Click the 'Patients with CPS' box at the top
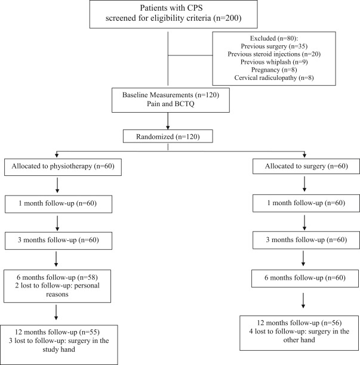coord(173,14)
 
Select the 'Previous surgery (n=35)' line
coord(274,47)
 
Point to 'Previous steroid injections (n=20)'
coord(274,54)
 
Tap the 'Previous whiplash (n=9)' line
coord(274,62)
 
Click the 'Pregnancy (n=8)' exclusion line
coord(274,70)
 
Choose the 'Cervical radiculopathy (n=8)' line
coord(274,78)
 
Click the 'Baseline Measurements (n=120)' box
coord(171,100)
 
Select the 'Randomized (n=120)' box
coord(168,136)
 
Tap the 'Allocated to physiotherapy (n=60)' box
coord(63,167)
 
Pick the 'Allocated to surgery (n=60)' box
coord(306,166)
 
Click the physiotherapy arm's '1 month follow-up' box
coord(59,204)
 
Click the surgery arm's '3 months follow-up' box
coord(306,240)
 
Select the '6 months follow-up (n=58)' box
coord(57,286)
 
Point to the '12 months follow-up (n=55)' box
coord(59,345)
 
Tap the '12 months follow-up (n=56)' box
coord(299,333)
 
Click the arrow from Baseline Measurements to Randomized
coord(168,121)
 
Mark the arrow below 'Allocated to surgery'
coord(304,184)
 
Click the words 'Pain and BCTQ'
coord(171,104)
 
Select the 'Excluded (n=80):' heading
coord(274,38)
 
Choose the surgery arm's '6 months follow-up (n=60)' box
coord(305,278)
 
